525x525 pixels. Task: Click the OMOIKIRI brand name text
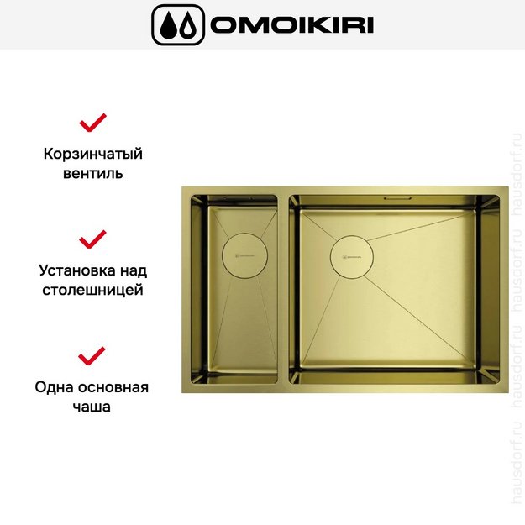click(x=291, y=24)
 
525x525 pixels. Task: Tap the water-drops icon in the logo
click(x=178, y=24)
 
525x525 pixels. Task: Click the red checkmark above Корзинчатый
click(x=92, y=123)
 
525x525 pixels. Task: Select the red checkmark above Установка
click(x=92, y=239)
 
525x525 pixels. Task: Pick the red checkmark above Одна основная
click(x=92, y=356)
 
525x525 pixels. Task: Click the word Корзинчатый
click(x=93, y=154)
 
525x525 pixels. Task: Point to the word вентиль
click(x=93, y=173)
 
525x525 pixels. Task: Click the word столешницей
click(x=92, y=290)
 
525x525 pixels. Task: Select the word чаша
click(x=92, y=407)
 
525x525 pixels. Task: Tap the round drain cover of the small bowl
click(x=244, y=256)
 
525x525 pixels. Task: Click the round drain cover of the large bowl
click(x=352, y=257)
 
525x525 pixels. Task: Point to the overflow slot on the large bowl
click(x=398, y=198)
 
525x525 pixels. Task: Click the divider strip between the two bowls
click(x=283, y=289)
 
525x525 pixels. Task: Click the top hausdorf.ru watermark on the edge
click(x=517, y=175)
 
